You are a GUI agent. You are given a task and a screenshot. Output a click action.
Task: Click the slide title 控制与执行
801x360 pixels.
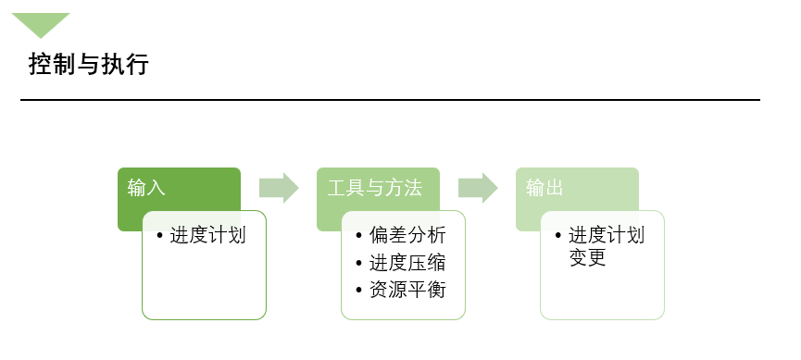tap(88, 65)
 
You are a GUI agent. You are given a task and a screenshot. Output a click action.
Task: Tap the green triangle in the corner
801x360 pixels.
tap(41, 22)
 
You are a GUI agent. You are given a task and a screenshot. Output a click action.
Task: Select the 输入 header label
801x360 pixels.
tap(146, 188)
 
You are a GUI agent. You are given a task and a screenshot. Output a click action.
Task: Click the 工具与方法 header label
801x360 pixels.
tap(375, 188)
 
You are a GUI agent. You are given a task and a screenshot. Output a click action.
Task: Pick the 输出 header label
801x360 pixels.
tap(544, 188)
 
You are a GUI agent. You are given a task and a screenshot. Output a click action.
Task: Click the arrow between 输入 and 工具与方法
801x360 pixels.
tap(279, 188)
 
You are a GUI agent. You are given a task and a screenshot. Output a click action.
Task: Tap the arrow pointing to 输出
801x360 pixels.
tap(478, 188)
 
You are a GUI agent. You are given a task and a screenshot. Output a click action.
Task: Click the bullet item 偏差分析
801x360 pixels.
tap(407, 235)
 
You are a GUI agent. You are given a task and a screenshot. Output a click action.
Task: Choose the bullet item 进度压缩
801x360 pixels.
tap(407, 263)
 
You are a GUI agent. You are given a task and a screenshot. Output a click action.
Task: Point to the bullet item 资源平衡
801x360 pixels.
tap(407, 290)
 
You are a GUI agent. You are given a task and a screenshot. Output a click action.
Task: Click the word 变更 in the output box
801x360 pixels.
tap(587, 258)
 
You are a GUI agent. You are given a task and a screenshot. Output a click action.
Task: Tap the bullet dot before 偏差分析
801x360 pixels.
tap(359, 236)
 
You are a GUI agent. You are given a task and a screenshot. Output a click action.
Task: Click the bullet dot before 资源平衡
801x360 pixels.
tap(359, 291)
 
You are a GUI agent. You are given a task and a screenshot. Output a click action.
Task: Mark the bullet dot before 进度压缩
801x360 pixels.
tap(359, 264)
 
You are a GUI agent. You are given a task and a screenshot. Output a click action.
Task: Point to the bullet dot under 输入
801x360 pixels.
tap(160, 236)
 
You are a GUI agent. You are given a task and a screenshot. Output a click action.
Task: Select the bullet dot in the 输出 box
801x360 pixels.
tap(558, 236)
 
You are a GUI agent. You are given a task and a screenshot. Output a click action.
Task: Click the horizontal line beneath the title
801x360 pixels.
tap(390, 99)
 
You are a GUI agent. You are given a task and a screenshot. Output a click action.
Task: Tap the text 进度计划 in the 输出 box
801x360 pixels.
tap(607, 235)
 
